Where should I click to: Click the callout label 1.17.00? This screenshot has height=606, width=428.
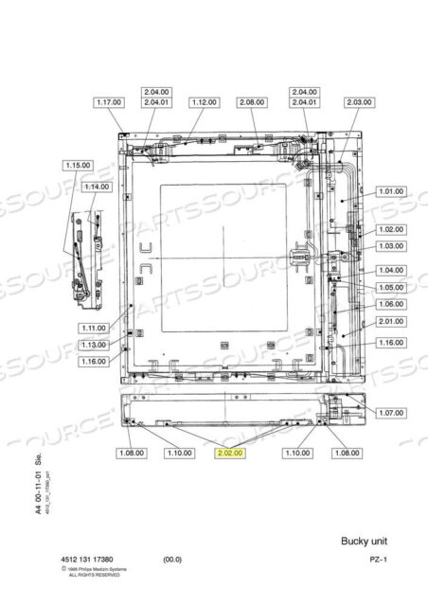[x=110, y=101]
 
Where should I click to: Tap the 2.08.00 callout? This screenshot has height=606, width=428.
[x=253, y=101]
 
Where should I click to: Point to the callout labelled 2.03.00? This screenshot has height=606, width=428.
[x=360, y=101]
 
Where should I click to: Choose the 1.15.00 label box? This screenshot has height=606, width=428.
[x=78, y=165]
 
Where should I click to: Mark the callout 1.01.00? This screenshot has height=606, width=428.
[x=390, y=191]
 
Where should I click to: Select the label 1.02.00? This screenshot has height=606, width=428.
[x=390, y=229]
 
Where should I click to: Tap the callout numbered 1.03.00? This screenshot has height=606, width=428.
[x=390, y=246]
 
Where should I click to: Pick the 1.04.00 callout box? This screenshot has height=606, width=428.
[x=390, y=270]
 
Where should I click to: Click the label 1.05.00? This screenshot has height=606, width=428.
[x=390, y=287]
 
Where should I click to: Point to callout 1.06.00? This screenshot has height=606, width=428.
[x=390, y=304]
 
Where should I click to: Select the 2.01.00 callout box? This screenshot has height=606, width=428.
[x=390, y=321]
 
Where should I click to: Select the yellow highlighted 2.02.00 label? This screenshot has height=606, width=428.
[x=231, y=454]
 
